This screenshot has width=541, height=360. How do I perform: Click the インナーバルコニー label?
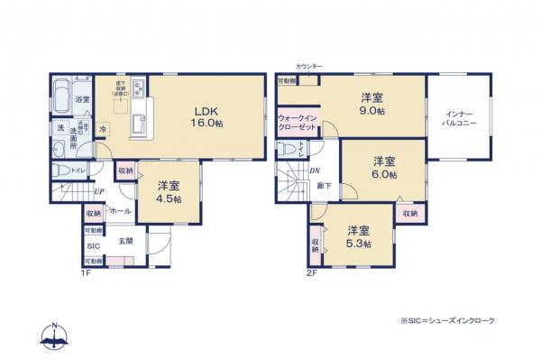click(459, 119)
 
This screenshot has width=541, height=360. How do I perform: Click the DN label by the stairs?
click(313, 171)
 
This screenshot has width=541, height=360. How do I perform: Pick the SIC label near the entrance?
click(93, 245)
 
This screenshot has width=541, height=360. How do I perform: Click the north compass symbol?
click(54, 335)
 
